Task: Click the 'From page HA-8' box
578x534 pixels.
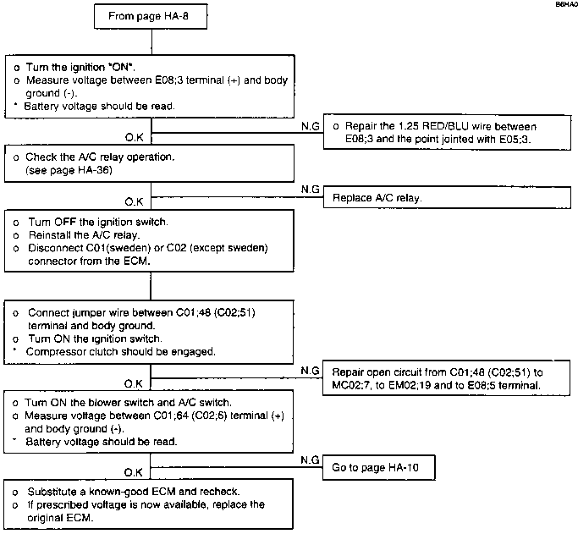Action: pyautogui.click(x=151, y=16)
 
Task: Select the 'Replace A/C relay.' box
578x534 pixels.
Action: pyautogui.click(x=447, y=197)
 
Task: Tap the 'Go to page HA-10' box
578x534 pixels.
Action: pyautogui.click(x=379, y=467)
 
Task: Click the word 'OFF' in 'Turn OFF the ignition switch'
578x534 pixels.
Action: pyautogui.click(x=65, y=222)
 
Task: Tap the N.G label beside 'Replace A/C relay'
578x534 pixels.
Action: pyautogui.click(x=310, y=190)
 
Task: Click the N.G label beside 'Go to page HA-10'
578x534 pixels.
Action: pyautogui.click(x=310, y=460)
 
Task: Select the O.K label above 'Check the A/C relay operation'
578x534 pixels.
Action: pyautogui.click(x=134, y=137)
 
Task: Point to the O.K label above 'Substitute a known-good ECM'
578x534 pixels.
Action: pyautogui.click(x=133, y=472)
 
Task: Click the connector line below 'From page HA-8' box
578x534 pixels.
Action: pyautogui.click(x=151, y=42)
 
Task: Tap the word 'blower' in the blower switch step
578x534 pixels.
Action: pyautogui.click(x=85, y=403)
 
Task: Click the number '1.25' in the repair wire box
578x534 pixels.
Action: pyautogui.click(x=408, y=126)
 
